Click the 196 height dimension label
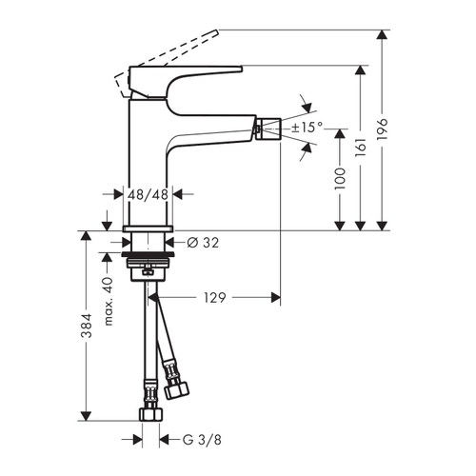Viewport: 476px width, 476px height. [383, 129]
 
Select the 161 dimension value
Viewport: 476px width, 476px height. [361, 149]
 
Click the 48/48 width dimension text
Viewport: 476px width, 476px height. [148, 194]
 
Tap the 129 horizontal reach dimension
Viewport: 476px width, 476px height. [216, 298]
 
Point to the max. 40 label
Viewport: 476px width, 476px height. [109, 296]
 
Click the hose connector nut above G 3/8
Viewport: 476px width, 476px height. [149, 415]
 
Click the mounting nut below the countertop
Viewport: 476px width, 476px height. [148, 260]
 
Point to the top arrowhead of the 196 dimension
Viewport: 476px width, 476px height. [383, 35]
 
